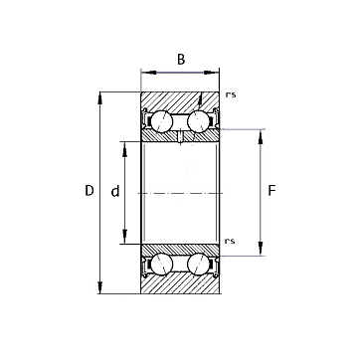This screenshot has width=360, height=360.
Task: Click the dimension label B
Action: (181, 60)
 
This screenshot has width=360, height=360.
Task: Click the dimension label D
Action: (90, 191)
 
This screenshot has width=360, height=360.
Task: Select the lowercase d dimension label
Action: (115, 191)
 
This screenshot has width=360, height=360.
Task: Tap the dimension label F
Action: (271, 191)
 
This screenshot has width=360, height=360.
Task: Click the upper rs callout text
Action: (231, 94)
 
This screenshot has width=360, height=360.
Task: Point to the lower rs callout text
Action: (230, 241)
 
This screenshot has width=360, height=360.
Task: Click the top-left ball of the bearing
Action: (162, 121)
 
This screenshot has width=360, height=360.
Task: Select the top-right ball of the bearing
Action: (199, 121)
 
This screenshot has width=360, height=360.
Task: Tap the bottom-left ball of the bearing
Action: (162, 265)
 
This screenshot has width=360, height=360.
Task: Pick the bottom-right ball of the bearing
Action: (199, 265)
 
